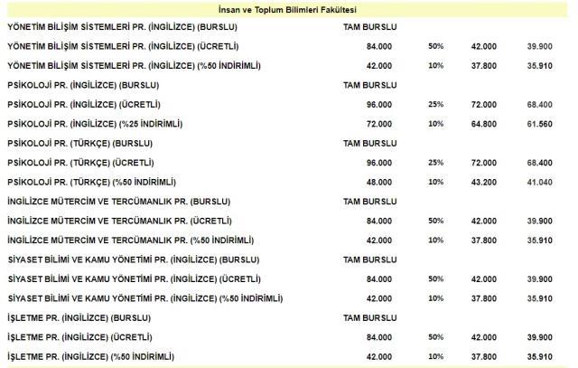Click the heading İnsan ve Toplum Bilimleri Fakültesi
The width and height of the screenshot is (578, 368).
tap(288, 8)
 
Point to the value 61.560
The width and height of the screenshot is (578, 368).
tap(538, 123)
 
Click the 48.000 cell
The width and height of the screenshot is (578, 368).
tap(378, 182)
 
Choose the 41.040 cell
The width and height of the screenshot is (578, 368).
tap(538, 182)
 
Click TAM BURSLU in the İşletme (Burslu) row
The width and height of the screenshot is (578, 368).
tap(366, 318)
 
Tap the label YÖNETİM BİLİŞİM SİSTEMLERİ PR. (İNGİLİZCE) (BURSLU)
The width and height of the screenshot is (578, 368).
tap(124, 25)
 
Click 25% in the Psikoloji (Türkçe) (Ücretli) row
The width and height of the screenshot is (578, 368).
tap(435, 163)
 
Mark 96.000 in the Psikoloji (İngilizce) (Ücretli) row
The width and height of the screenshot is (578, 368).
tap(378, 104)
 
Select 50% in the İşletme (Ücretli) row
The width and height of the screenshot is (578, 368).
tap(435, 337)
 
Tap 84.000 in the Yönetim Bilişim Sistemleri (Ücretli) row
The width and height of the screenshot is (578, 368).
tap(378, 45)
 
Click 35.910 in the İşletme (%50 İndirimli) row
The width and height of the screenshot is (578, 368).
tap(538, 357)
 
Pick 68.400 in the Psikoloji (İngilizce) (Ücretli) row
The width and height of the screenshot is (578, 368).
tap(538, 104)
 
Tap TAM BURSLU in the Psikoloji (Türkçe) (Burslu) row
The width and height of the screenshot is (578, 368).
tap(366, 143)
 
